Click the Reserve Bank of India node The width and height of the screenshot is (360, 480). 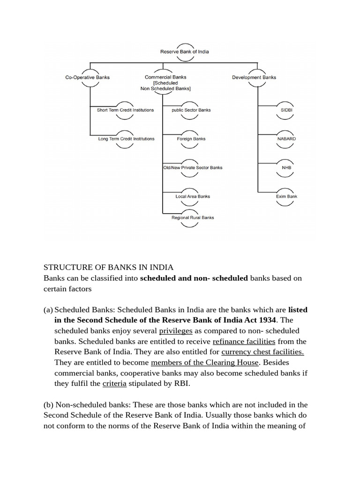pyautogui.click(x=184, y=52)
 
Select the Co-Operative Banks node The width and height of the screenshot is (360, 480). pyautogui.click(x=87, y=77)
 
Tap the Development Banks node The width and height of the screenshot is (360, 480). pyautogui.click(x=254, y=77)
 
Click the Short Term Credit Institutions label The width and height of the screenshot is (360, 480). pyautogui.click(x=125, y=110)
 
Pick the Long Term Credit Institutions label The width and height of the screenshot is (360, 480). pyautogui.click(x=126, y=139)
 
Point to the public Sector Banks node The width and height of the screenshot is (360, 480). pyautogui.click(x=191, y=110)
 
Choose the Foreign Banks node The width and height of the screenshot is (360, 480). pyautogui.click(x=191, y=139)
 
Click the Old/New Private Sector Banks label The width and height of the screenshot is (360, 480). pyautogui.click(x=193, y=167)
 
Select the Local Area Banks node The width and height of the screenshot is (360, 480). pyautogui.click(x=193, y=196)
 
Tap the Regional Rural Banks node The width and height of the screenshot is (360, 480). pyautogui.click(x=193, y=217)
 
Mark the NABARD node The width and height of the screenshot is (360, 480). pyautogui.click(x=286, y=139)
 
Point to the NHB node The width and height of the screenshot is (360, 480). pyautogui.click(x=286, y=167)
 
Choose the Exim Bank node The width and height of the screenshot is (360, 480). pyautogui.click(x=286, y=196)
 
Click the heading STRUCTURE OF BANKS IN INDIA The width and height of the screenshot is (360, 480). pyautogui.click(x=108, y=267)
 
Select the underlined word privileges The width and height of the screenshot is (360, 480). pyautogui.click(x=176, y=331)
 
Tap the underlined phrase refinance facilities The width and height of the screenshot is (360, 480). pyautogui.click(x=244, y=342)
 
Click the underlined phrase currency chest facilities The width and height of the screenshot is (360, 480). pyautogui.click(x=262, y=352)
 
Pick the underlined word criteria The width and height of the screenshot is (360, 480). pyautogui.click(x=114, y=383)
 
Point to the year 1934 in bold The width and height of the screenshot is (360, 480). pyautogui.click(x=265, y=321)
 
